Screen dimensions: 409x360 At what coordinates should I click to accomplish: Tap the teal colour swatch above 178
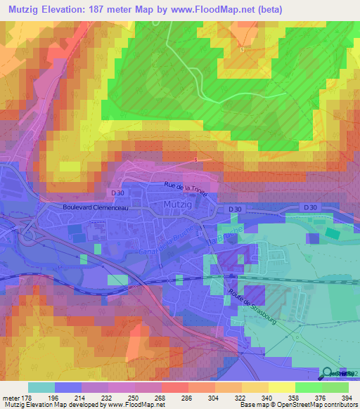point(41,387)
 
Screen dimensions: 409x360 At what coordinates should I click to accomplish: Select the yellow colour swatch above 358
point(281,387)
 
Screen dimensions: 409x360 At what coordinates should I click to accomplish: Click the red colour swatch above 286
point(174,387)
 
